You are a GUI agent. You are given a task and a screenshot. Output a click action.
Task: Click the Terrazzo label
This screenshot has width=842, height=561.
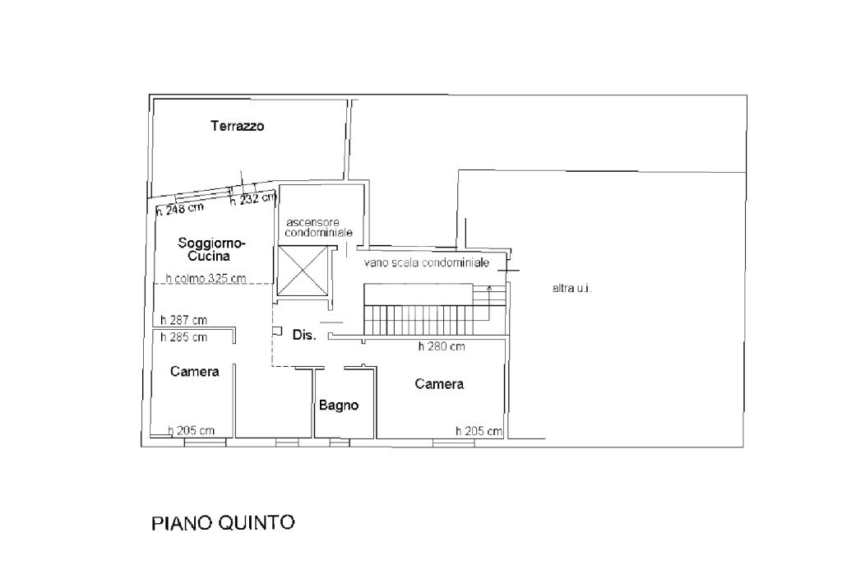(x=238, y=127)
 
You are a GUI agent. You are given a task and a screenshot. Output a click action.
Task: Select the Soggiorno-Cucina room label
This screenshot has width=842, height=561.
(x=211, y=249)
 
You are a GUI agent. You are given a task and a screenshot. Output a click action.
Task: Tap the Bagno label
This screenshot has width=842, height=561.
(x=338, y=406)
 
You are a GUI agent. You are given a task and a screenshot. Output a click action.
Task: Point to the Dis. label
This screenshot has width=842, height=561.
(x=304, y=335)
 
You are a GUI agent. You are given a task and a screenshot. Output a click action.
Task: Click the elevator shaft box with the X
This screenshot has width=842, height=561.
(x=303, y=271)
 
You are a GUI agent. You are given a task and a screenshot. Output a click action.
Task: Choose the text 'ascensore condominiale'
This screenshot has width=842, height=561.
(x=318, y=227)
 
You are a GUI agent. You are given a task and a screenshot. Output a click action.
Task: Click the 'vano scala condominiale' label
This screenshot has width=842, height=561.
(x=427, y=262)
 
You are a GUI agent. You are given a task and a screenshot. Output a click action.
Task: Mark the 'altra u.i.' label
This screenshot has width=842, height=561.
(x=572, y=289)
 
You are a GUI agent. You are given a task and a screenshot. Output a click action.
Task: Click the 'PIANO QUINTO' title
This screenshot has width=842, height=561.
(x=223, y=523)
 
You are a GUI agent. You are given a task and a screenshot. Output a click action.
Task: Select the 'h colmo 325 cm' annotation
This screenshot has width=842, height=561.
(x=206, y=278)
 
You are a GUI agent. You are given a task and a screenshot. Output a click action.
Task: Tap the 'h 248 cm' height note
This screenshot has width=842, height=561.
(x=180, y=209)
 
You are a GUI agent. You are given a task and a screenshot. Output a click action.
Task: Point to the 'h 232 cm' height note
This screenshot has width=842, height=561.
(x=253, y=199)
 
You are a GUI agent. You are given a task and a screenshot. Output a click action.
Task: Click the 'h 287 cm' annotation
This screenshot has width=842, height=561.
(x=183, y=320)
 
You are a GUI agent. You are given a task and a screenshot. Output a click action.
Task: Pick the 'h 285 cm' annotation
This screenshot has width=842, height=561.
(x=183, y=337)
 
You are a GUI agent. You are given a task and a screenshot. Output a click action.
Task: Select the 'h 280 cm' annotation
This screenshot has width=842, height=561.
(x=442, y=346)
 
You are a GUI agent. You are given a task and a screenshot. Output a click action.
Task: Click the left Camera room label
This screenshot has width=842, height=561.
(x=194, y=372)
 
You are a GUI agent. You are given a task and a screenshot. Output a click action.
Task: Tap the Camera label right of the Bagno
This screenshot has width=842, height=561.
(x=439, y=384)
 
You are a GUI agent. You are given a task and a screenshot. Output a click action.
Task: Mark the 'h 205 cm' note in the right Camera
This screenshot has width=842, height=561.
(x=479, y=431)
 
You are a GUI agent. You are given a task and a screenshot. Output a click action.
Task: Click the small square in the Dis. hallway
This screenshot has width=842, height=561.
(x=277, y=331)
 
